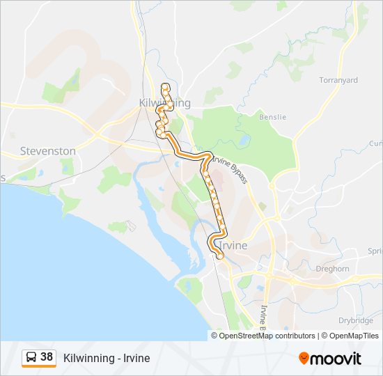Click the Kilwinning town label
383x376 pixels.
164,102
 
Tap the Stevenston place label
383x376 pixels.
48,150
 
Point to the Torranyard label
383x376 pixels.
338,80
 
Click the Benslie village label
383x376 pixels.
272,117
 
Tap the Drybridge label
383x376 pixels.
356,320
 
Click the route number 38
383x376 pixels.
47,357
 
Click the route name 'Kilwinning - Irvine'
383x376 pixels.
107,358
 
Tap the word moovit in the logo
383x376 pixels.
336,359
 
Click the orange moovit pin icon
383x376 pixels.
304,358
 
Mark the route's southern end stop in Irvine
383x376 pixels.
220,256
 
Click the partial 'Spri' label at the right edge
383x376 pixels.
375,251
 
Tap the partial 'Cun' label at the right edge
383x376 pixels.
375,143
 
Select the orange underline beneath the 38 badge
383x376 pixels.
39,366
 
